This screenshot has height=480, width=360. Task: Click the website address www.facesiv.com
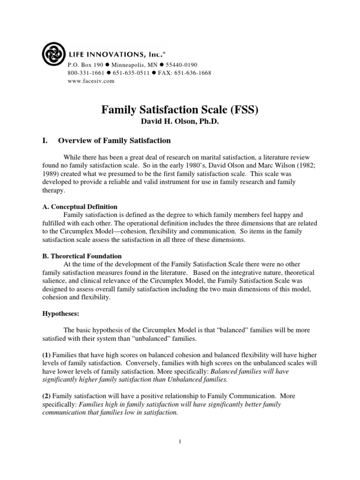(x=91, y=81)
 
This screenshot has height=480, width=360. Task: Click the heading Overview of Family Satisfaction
(x=114, y=141)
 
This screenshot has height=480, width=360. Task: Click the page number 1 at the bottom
(x=180, y=441)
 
